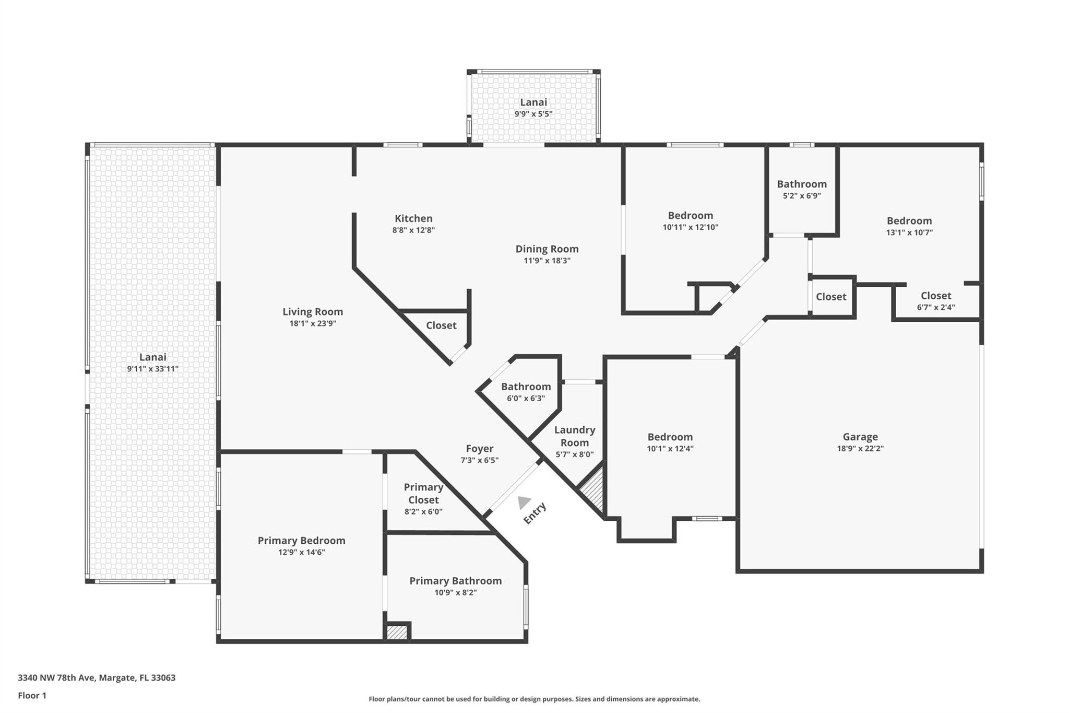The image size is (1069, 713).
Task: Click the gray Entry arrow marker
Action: tap(524, 502)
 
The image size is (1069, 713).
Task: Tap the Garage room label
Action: tap(860, 437)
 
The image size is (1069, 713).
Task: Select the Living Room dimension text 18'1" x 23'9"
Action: tap(313, 323)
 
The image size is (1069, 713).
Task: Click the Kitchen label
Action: tap(413, 218)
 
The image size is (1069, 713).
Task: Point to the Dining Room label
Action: tap(547, 249)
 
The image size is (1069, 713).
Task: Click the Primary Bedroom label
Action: tap(301, 541)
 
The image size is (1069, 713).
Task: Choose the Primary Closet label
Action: tap(423, 494)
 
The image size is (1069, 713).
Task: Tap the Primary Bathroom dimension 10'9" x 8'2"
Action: tap(456, 592)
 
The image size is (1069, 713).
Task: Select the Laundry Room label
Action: tap(575, 436)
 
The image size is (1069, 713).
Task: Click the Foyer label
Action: tap(480, 449)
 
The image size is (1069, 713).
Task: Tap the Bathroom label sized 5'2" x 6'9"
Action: tap(802, 184)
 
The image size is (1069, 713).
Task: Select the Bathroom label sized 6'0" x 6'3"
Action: tap(526, 387)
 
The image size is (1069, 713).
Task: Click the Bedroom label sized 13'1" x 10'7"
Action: tap(909, 221)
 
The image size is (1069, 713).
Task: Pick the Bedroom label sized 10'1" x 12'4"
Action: tap(670, 437)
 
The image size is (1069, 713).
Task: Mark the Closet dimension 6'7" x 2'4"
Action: tap(936, 308)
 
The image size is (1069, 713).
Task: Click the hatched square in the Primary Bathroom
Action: tap(397, 632)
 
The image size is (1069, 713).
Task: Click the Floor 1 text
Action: tap(32, 695)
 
